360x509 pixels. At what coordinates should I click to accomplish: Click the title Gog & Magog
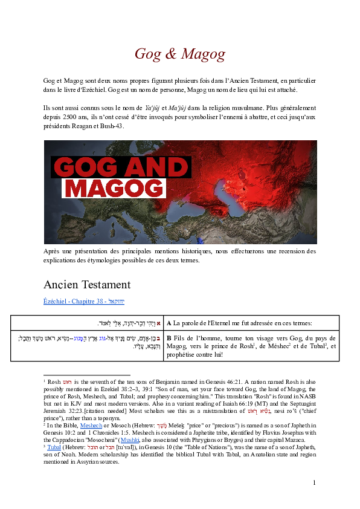click(x=179, y=54)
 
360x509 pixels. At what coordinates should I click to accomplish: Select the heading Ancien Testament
click(x=87, y=285)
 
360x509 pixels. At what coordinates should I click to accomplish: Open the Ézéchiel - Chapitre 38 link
click(x=84, y=301)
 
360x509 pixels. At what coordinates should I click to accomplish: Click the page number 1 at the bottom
click(x=314, y=482)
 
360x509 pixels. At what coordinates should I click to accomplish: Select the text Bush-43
click(x=111, y=126)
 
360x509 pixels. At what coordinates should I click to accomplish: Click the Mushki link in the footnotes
click(x=147, y=441)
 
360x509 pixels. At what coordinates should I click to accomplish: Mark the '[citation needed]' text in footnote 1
click(x=101, y=410)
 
